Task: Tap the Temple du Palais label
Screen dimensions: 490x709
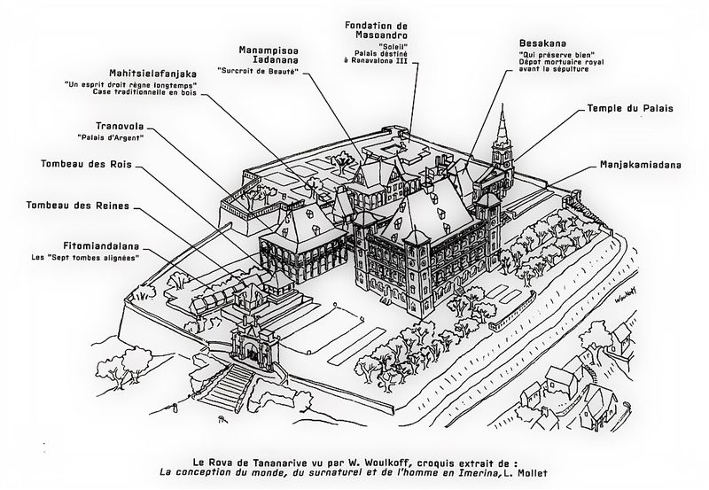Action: pos(631,108)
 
